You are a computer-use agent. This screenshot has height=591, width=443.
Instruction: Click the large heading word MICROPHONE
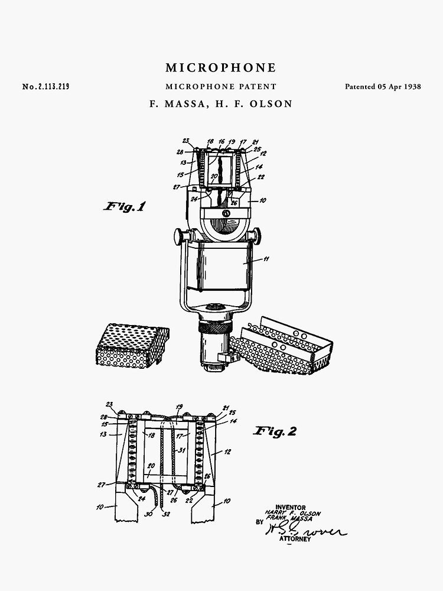221,68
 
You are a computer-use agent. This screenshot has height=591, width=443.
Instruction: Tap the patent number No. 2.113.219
45,87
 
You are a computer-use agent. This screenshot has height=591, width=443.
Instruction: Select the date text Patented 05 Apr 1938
383,86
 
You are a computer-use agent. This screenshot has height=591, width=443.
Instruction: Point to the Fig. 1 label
125,207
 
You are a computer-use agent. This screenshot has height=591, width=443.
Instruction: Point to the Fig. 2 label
275,431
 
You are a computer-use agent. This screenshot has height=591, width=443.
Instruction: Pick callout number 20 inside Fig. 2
151,465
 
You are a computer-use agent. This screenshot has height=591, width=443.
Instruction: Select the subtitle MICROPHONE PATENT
221,86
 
